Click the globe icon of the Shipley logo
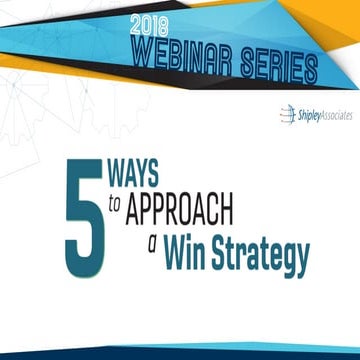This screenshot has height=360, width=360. tap(286, 116)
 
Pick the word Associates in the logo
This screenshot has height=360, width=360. tap(336, 115)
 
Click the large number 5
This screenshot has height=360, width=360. tap(84, 221)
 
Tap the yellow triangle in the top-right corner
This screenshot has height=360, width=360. tap(340, 15)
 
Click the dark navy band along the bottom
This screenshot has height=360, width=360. tap(180, 353)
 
